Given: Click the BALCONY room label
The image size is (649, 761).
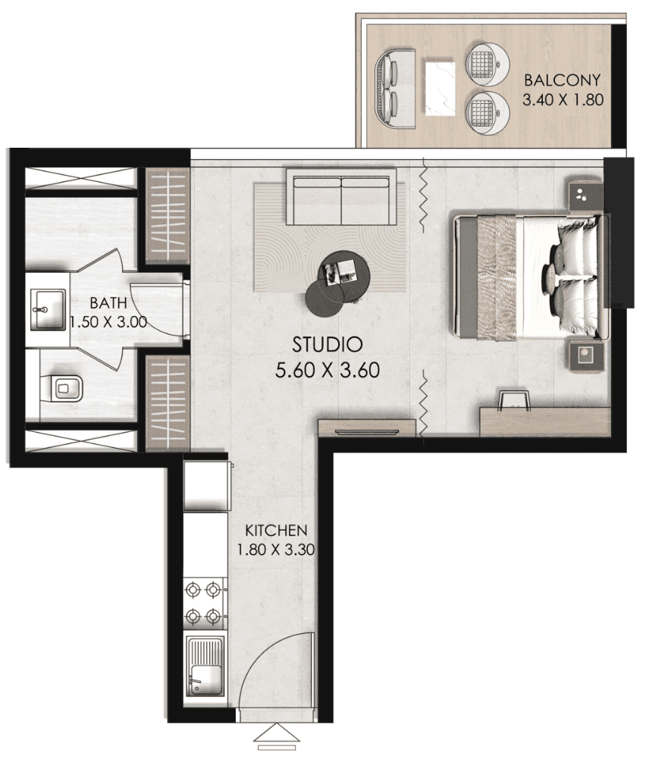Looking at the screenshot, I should [562, 80].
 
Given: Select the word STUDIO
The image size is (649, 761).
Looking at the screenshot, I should [328, 346].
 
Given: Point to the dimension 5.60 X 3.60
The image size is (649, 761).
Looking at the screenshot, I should [328, 371].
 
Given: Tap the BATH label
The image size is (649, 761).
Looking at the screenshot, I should [102, 302].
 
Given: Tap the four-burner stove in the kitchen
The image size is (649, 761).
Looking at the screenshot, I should [205, 603].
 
